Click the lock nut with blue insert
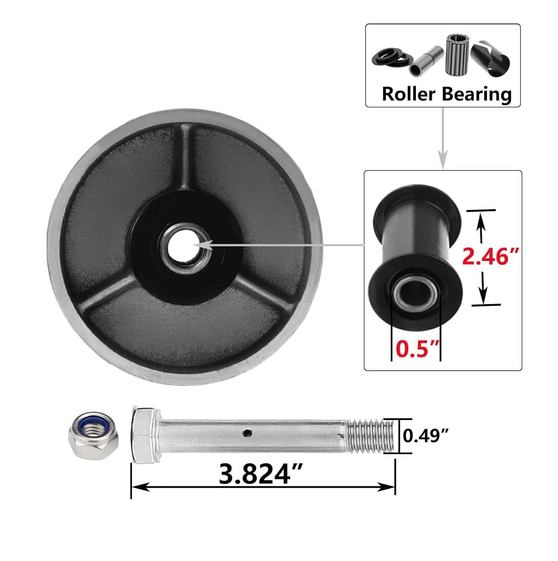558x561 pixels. [x=94, y=435]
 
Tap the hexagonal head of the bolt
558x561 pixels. [x=146, y=435]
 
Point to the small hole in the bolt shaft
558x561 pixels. [x=246, y=433]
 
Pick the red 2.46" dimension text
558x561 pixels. [x=490, y=257]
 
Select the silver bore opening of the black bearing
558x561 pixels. [x=415, y=292]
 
